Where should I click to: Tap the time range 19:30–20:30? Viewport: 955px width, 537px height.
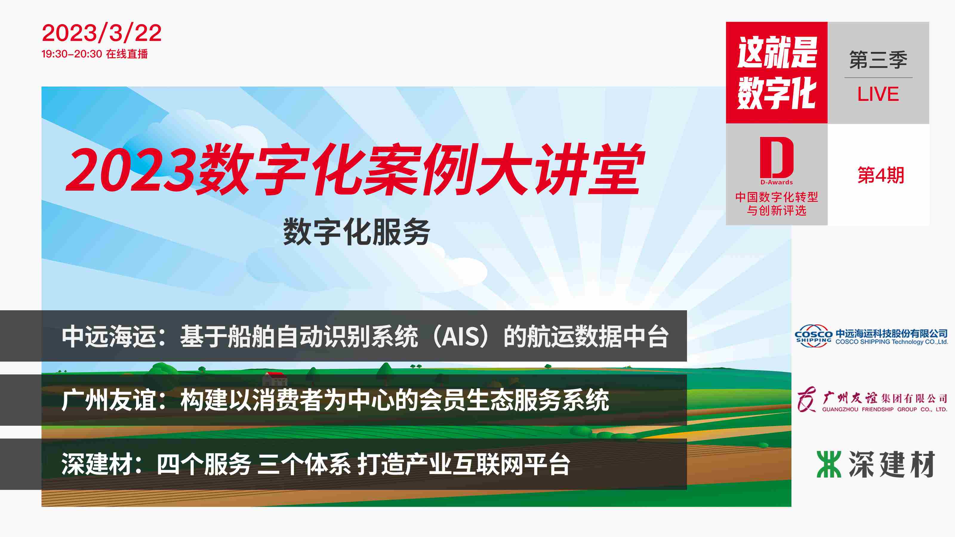tap(72, 54)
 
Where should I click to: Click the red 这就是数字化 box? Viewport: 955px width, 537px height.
tap(777, 72)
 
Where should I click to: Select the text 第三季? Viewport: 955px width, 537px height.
tap(878, 60)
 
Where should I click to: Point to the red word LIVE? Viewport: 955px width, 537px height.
tap(878, 94)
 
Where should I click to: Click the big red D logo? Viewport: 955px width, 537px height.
tap(777, 158)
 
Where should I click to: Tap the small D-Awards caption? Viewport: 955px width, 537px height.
tap(777, 182)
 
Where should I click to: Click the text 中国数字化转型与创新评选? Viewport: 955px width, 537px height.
tap(777, 203)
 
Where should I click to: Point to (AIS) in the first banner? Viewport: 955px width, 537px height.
tap(460, 337)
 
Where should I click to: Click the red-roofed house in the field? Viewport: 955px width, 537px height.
tap(275, 378)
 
